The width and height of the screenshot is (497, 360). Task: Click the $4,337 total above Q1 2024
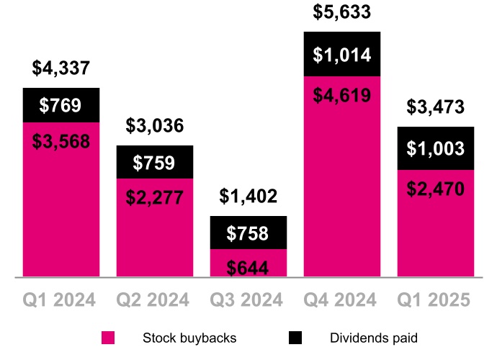(61, 69)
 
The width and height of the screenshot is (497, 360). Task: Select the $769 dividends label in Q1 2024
(61, 106)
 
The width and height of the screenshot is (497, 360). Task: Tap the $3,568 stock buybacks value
(61, 140)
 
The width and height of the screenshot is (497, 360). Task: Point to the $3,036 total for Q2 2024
(155, 126)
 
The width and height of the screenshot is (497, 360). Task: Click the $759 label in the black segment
(155, 162)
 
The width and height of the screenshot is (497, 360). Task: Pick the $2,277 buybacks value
(155, 197)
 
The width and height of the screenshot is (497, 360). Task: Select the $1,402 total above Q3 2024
(248, 197)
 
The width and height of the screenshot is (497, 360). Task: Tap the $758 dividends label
(248, 233)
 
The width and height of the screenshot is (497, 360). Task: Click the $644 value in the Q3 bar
(248, 268)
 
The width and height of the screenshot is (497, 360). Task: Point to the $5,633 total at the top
(342, 12)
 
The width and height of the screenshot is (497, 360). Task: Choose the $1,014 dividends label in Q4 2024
(342, 55)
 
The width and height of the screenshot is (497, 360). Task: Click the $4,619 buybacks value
(342, 95)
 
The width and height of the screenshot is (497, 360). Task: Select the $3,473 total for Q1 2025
(436, 108)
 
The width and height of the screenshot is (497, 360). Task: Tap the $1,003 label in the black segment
(436, 149)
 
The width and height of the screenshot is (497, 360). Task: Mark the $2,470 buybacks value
(436, 189)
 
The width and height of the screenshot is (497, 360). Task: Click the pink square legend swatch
(108, 338)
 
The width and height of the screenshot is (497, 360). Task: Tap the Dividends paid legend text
(373, 338)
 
